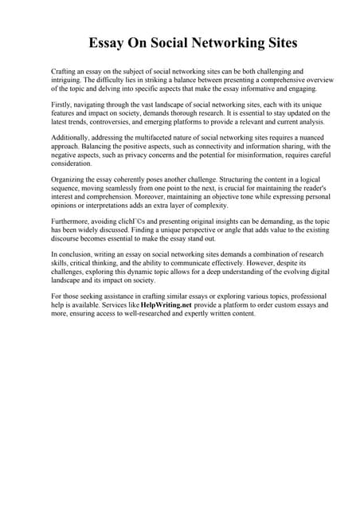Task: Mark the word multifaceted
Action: [x=160, y=139]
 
